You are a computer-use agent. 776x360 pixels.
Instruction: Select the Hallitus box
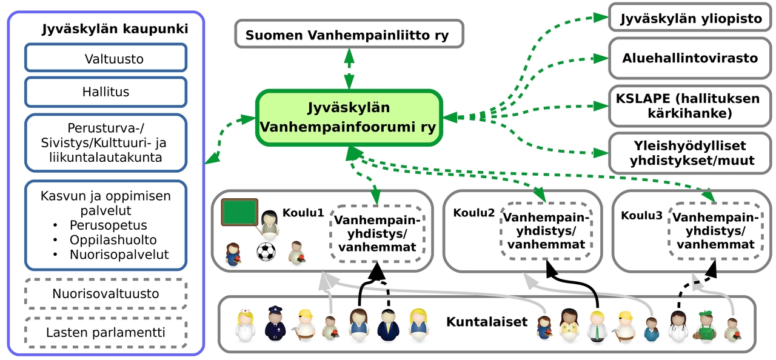105,92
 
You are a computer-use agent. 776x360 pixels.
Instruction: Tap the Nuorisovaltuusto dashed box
105,294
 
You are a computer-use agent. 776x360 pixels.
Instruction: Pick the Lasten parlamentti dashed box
105,332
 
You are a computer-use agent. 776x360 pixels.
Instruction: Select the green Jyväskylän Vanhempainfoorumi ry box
349,118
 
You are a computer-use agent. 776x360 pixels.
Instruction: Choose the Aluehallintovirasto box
691,58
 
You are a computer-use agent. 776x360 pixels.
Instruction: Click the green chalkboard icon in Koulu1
239,213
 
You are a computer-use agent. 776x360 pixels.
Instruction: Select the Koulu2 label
474,213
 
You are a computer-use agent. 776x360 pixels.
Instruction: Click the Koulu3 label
641,215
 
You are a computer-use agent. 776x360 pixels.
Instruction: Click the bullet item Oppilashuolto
113,240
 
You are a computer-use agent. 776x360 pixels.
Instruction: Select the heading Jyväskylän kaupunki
115,28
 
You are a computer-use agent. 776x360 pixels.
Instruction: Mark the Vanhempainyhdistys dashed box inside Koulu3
715,232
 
